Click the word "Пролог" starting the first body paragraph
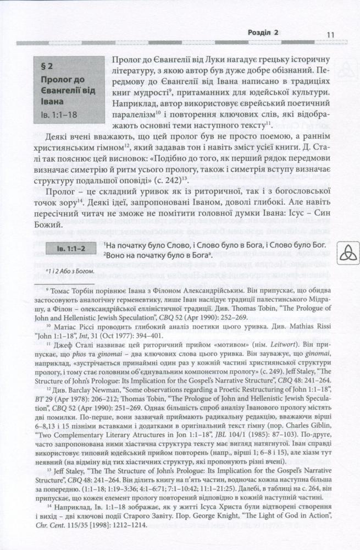(125, 59)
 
